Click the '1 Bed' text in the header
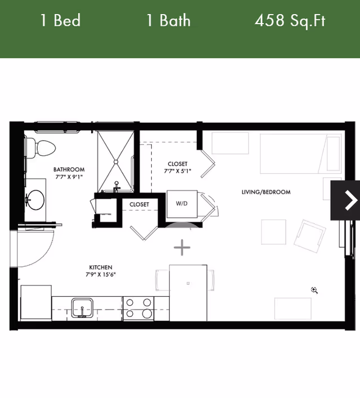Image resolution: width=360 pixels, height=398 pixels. click(60, 21)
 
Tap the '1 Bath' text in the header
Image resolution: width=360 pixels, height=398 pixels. click(168, 21)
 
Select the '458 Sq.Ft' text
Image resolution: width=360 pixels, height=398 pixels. click(290, 21)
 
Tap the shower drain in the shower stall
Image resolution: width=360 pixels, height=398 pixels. click(116, 161)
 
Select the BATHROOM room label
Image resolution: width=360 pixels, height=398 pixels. click(69, 169)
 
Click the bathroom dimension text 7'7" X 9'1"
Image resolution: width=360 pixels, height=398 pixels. click(69, 177)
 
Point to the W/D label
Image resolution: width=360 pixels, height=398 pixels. click(181, 204)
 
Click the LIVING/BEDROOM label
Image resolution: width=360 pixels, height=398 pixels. click(266, 192)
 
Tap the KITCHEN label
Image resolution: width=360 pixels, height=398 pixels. click(101, 267)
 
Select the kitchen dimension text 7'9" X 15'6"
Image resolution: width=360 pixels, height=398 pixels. click(101, 275)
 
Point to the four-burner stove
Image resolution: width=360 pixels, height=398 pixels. click(138, 308)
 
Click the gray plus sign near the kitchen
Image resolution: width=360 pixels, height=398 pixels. click(182, 247)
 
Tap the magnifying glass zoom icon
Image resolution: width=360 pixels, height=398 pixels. click(314, 290)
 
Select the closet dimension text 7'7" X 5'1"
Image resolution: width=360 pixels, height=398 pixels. click(177, 171)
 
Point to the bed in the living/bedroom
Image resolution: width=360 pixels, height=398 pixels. click(301, 153)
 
